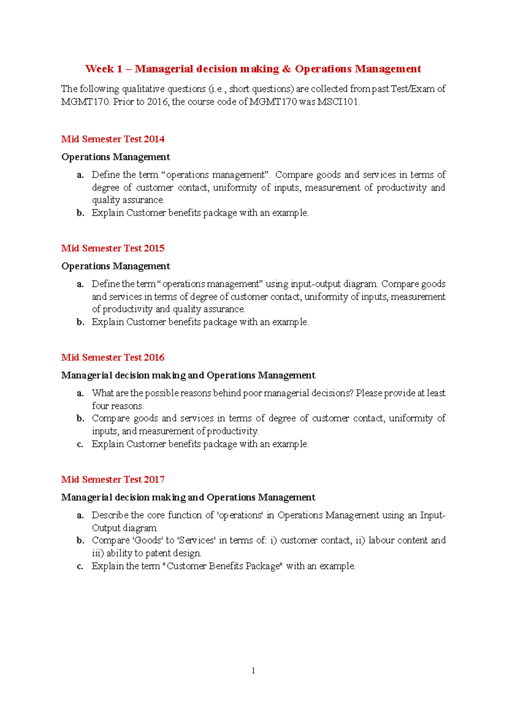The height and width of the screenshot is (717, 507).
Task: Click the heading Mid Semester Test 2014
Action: coord(113,139)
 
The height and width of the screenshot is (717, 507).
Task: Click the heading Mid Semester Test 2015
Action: coord(113,248)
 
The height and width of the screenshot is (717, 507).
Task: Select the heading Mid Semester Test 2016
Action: coord(113,357)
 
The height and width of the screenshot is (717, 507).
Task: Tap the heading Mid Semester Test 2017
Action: coord(113,479)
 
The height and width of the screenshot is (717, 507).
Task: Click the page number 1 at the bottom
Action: coord(253,670)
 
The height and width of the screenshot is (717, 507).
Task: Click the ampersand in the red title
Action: coord(287,69)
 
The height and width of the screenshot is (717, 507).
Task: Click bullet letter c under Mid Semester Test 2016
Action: coord(80,444)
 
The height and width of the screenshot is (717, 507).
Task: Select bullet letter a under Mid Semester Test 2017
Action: coord(80,515)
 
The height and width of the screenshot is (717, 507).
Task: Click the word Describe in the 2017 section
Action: coord(110,515)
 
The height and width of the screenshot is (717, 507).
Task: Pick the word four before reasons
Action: coord(101,406)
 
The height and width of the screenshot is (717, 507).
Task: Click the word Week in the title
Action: coord(99,69)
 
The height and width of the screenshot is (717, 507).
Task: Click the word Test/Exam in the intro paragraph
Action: coord(412,89)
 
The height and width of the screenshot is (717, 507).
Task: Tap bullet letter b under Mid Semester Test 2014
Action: coord(80,213)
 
